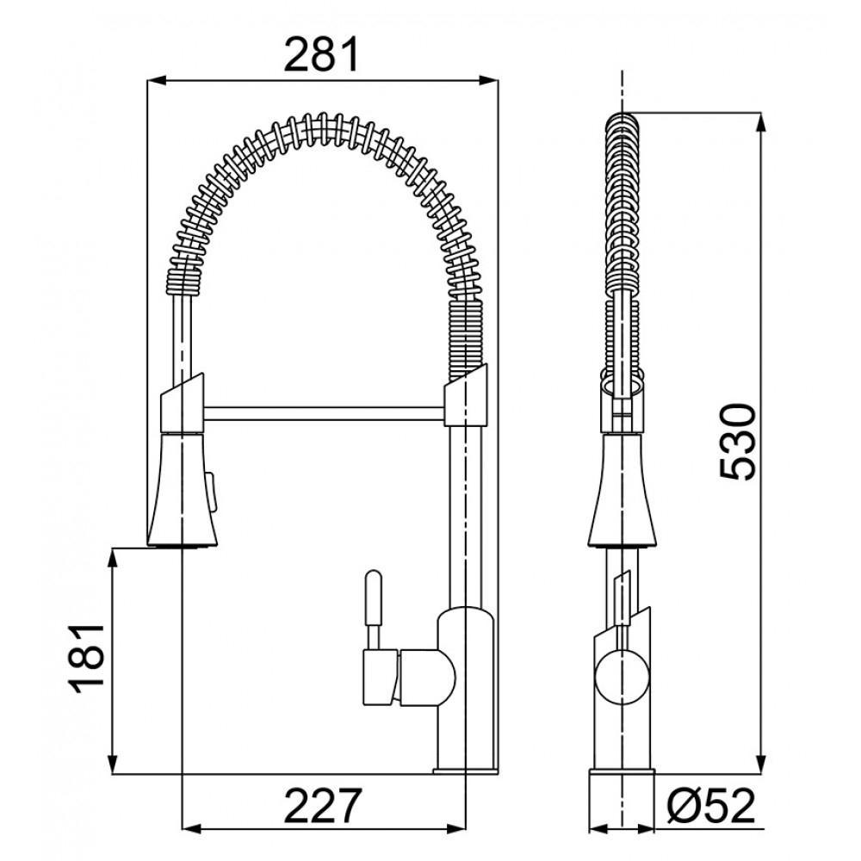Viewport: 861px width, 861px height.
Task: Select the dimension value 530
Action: click(738, 441)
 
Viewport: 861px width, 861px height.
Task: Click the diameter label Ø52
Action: click(711, 807)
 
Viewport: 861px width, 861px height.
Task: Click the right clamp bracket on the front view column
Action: click(466, 397)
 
